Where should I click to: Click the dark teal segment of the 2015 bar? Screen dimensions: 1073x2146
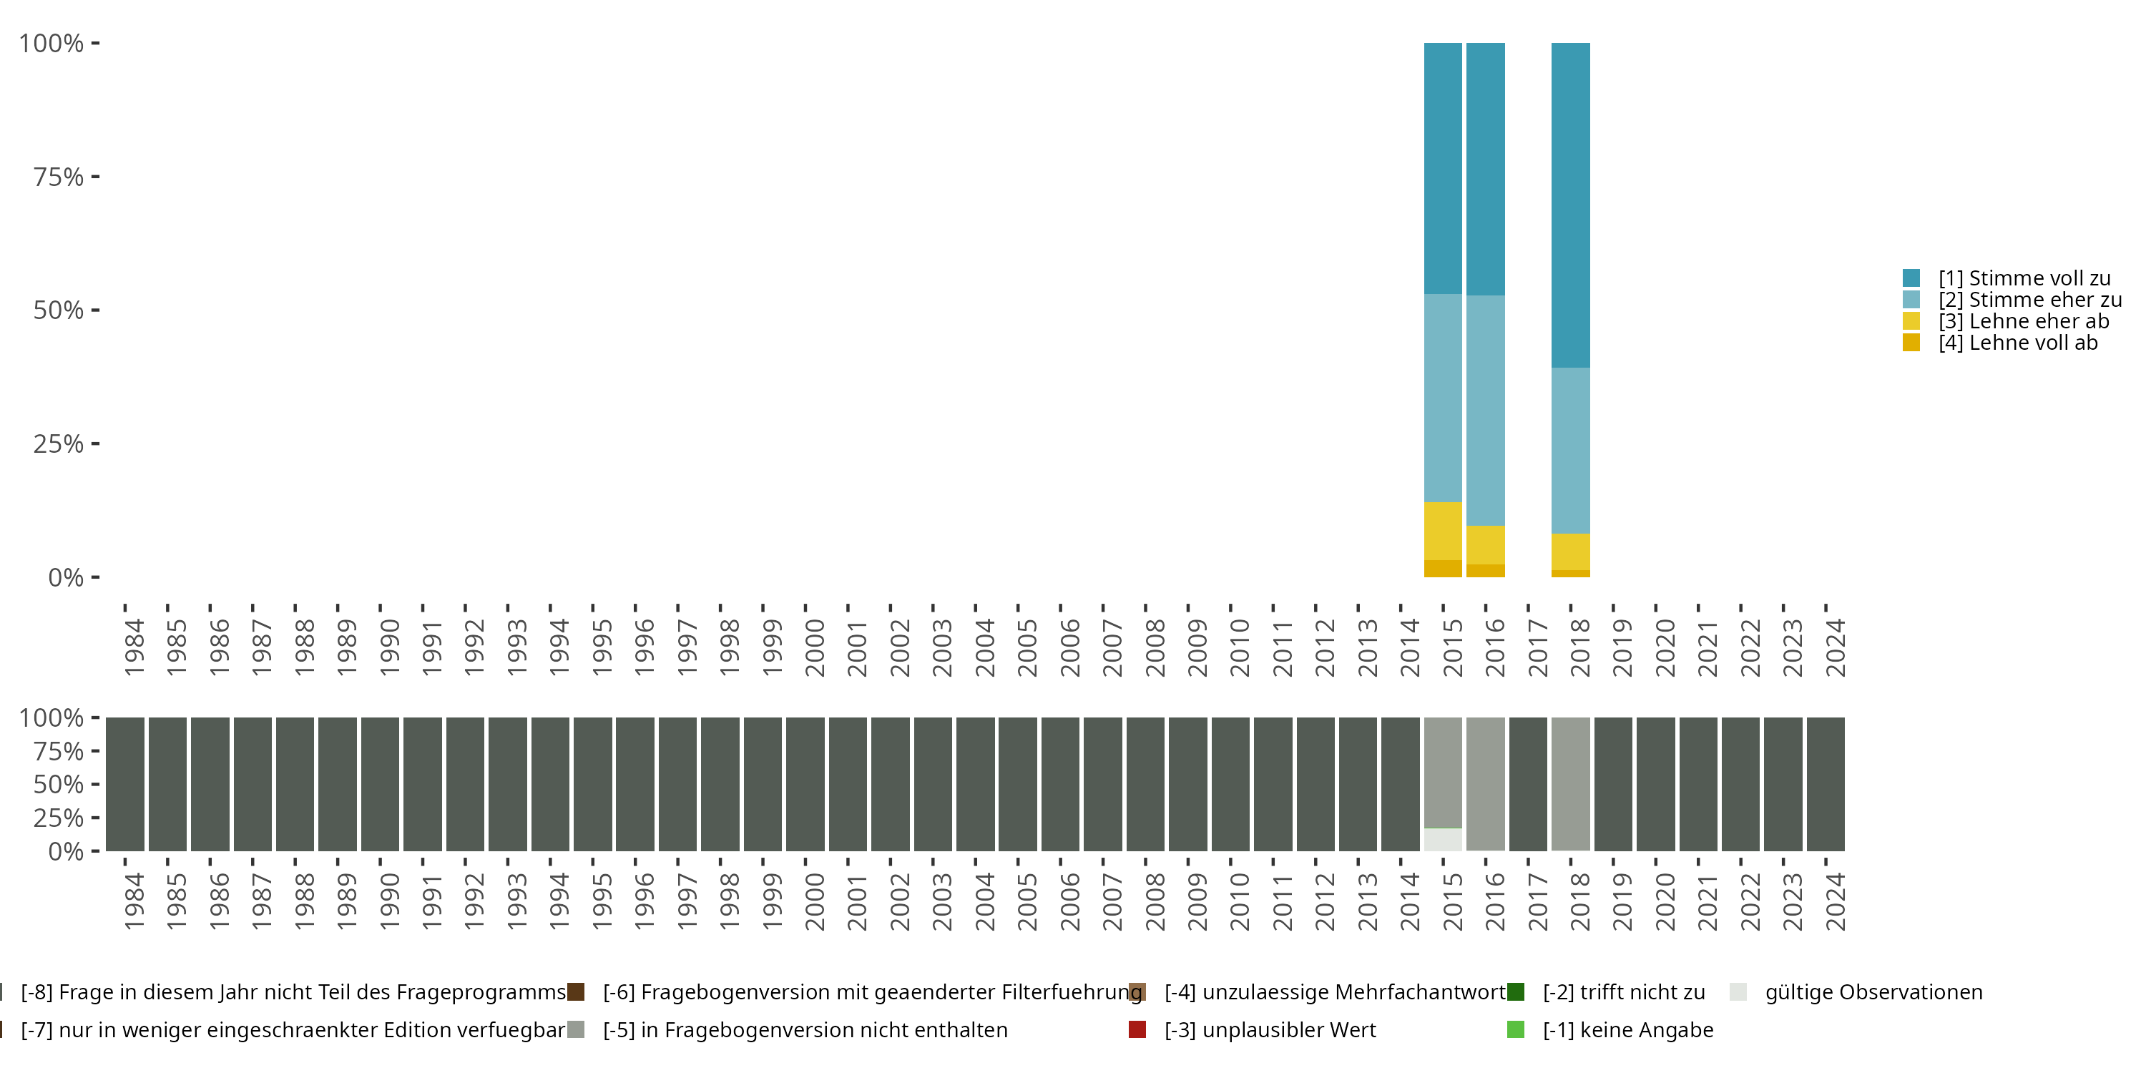1443,167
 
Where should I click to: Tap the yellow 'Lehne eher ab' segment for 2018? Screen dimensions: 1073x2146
1570,552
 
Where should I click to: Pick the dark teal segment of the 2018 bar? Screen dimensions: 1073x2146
1570,204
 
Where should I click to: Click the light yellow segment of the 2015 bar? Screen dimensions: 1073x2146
1443,531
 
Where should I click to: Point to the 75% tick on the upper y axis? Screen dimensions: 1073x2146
95,177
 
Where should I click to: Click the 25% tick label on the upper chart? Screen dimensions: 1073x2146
57,444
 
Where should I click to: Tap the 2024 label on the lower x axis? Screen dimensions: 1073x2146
1836,901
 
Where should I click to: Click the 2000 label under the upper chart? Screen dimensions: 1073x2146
815,647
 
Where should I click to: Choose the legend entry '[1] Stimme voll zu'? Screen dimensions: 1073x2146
2024,278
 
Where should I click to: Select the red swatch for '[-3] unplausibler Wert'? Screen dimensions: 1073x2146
1137,1029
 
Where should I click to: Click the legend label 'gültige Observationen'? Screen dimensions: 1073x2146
1873,992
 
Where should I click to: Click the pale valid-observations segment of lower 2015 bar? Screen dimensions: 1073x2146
1443,839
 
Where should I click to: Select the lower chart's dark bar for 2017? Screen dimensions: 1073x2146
1528,784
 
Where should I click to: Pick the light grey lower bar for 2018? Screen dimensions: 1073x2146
1570,783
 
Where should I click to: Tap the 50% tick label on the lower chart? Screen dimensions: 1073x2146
57,785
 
